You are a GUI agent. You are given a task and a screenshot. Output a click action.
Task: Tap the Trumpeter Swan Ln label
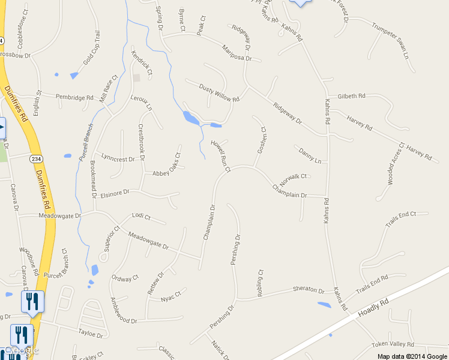tap(390, 41)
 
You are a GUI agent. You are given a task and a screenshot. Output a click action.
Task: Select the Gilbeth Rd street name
tap(352, 96)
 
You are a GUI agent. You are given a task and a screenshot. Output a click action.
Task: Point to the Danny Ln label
tap(310, 156)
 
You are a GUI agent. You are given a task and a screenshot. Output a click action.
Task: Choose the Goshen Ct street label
tap(262, 140)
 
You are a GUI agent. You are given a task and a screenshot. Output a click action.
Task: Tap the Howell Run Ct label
tap(220, 156)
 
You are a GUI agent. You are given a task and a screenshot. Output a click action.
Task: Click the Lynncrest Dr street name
tap(118, 159)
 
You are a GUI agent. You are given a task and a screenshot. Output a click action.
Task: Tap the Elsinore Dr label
tap(116, 193)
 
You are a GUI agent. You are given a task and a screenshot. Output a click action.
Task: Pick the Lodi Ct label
tap(141, 216)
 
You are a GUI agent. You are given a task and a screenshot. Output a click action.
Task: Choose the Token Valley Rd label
tap(393, 344)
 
